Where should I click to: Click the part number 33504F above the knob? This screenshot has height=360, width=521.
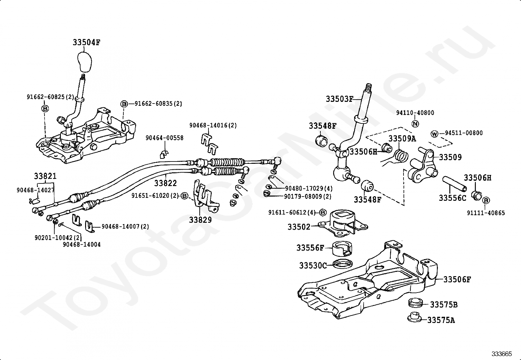[86, 42]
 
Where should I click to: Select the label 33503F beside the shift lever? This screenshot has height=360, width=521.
[339, 99]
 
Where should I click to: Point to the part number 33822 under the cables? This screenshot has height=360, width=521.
[165, 183]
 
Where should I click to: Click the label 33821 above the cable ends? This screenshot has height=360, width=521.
[45, 176]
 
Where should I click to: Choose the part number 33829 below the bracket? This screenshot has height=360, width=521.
[200, 219]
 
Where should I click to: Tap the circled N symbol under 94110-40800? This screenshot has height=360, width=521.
[415, 123]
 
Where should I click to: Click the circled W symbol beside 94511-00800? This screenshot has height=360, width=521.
[434, 134]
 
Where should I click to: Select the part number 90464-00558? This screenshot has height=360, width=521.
[164, 138]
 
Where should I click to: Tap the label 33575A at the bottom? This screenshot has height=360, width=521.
[441, 320]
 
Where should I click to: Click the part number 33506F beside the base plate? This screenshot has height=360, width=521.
[457, 279]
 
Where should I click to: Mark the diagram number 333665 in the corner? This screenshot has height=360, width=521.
[502, 354]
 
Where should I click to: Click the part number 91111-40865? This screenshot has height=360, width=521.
[486, 213]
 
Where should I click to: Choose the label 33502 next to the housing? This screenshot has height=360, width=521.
[299, 227]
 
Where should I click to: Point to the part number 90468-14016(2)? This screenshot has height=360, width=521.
[213, 125]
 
